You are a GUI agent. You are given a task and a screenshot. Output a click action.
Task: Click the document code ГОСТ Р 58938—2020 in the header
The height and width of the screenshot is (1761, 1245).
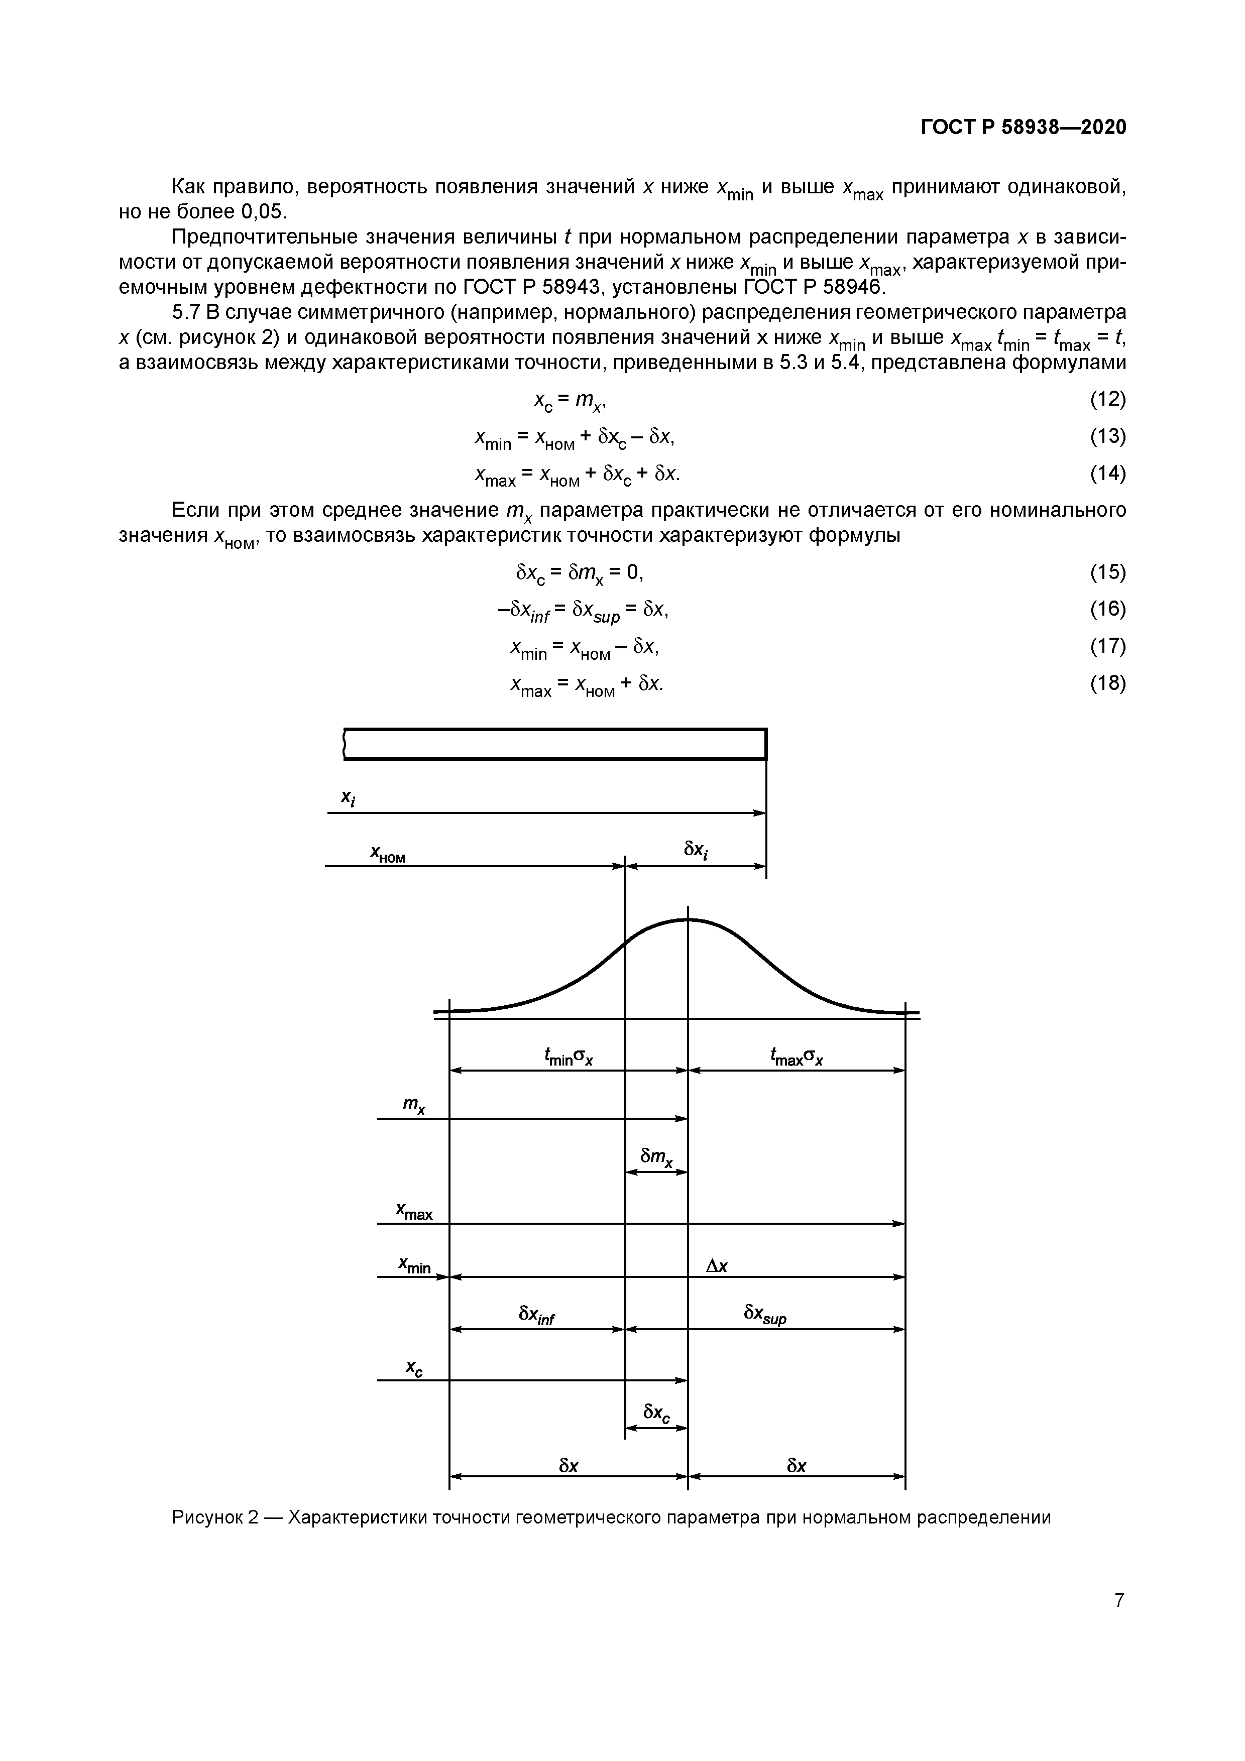(1024, 128)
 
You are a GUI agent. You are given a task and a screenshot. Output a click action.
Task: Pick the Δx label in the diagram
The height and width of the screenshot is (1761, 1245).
(717, 1265)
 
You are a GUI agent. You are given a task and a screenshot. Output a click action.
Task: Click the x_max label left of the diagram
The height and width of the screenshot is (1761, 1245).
(414, 1212)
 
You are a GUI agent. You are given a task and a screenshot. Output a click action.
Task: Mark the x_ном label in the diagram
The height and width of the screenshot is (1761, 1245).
(387, 854)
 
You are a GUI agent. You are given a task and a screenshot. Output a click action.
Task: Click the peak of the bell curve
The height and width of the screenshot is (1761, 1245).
(688, 919)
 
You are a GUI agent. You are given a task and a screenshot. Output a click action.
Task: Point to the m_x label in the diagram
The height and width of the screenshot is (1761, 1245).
(414, 1105)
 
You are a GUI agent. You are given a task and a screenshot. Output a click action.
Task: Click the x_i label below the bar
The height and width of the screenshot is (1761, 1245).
(348, 798)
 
